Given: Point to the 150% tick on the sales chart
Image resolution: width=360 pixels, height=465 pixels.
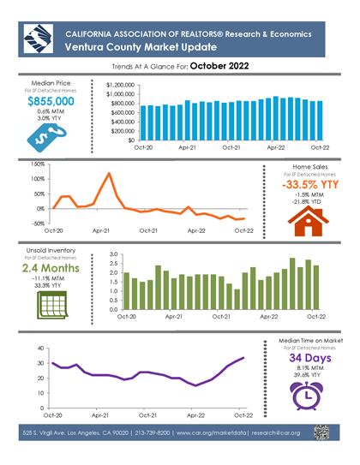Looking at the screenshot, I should (x=36, y=164).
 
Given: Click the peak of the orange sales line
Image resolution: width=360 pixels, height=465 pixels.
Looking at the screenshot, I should (x=109, y=174).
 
